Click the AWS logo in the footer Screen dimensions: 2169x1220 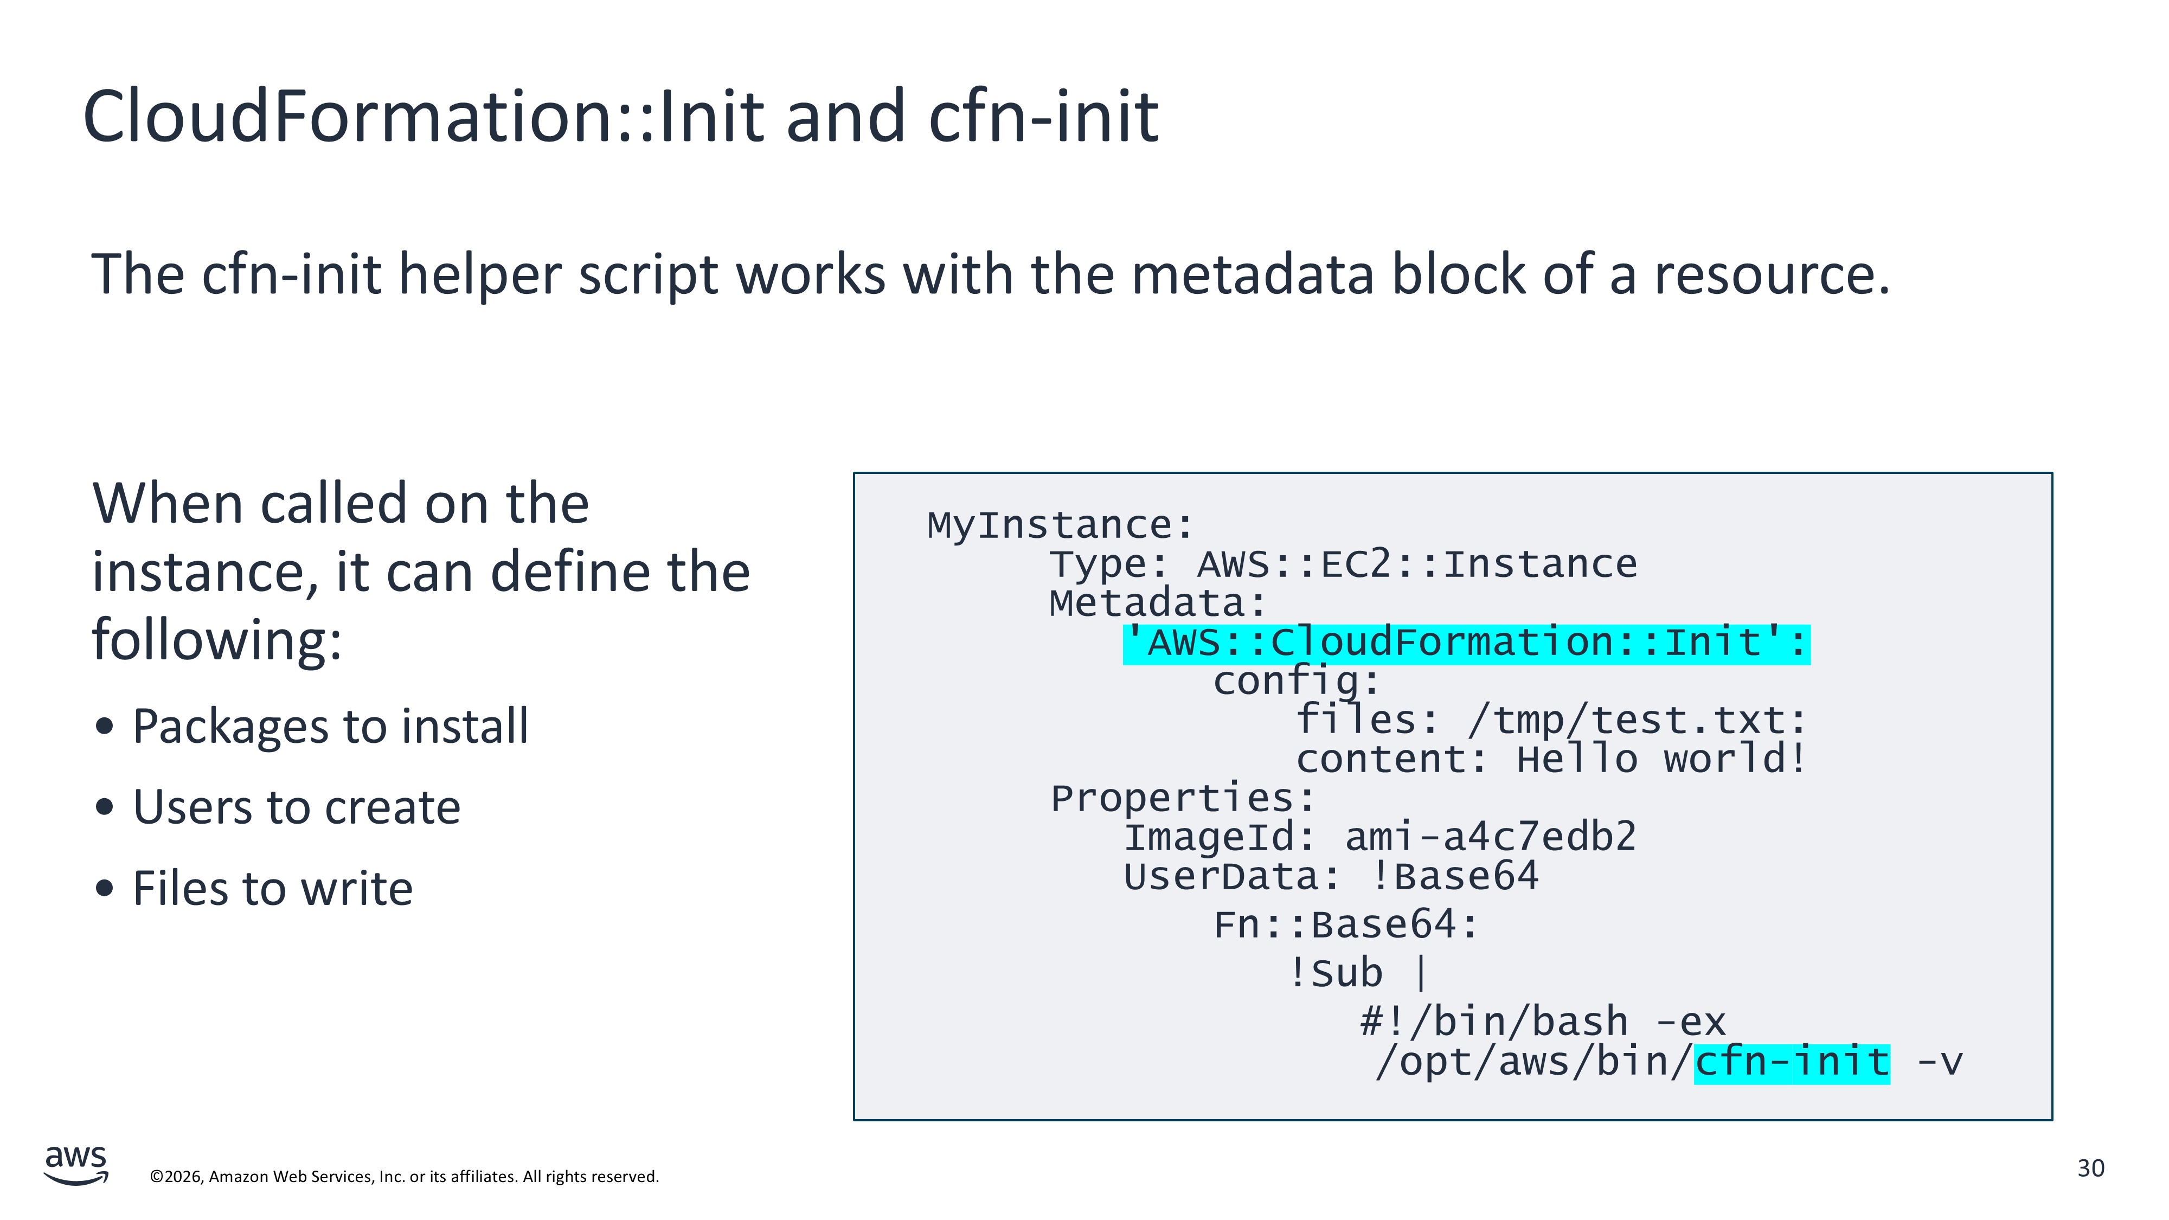click(76, 1165)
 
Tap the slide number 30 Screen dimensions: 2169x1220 click(2091, 1168)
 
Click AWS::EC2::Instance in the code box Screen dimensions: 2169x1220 click(1417, 564)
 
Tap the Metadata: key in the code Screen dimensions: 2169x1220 click(1158, 603)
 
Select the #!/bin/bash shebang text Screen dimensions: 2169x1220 click(1494, 1022)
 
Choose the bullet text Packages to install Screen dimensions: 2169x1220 click(331, 727)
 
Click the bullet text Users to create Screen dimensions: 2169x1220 click(297, 807)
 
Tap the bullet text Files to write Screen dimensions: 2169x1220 click(273, 888)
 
